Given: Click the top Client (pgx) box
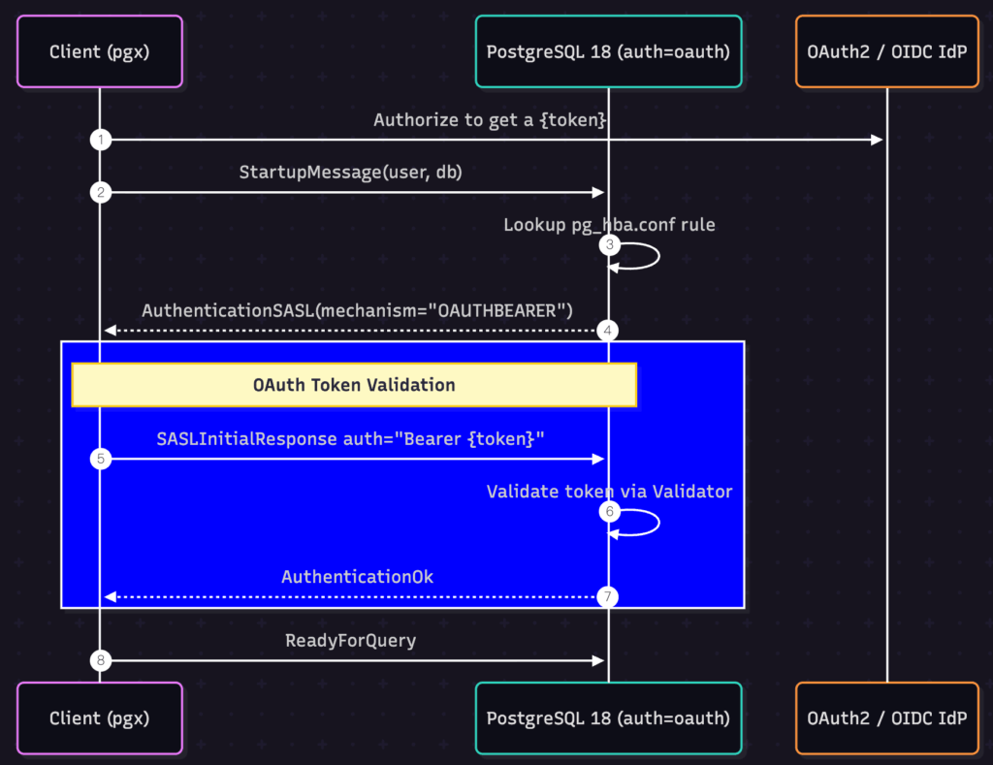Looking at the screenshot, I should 100,51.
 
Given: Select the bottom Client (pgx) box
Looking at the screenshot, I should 100,717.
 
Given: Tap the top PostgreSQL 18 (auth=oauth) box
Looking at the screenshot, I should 608,51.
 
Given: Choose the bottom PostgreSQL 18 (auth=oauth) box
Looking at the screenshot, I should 608,717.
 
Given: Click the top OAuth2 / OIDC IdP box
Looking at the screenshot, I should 886,51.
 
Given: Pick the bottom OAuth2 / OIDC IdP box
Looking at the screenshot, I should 886,717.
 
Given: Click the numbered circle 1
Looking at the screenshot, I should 100,141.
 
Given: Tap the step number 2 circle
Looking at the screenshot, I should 100,192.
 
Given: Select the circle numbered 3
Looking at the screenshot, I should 609,244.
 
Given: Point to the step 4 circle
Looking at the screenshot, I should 609,331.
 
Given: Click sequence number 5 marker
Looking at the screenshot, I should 100,459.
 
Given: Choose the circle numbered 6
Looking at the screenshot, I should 609,511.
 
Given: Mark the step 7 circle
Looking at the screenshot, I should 609,596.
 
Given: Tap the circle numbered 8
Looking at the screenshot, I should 100,660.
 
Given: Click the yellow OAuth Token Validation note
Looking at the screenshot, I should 354,385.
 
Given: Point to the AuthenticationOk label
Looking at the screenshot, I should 358,577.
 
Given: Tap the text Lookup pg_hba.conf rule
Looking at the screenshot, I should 609,225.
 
